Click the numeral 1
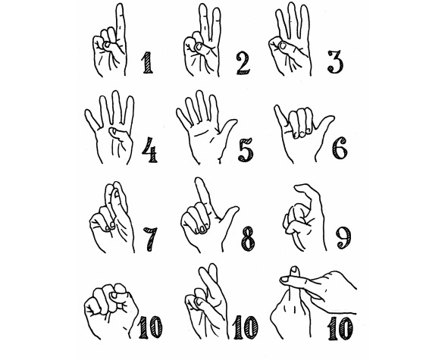[x=147, y=63]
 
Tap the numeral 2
[x=243, y=64]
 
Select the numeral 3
[x=335, y=62]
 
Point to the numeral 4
[x=149, y=150]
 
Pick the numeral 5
[x=246, y=149]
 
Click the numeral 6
[x=340, y=148]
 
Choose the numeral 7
[x=150, y=239]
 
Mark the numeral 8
[x=247, y=239]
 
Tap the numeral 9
[x=343, y=238]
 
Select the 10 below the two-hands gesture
[x=340, y=329]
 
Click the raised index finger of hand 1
[x=121, y=26]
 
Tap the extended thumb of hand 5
[x=227, y=131]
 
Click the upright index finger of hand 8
[x=203, y=194]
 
